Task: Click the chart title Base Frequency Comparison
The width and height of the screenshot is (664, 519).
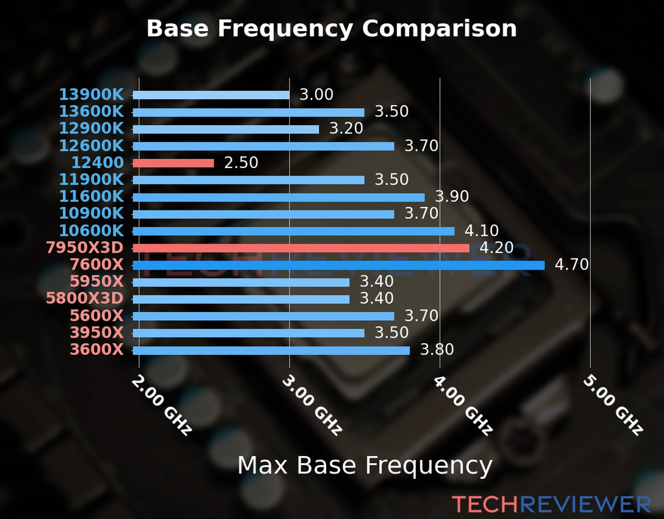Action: tap(332, 29)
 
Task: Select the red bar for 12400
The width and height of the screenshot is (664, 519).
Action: tap(173, 163)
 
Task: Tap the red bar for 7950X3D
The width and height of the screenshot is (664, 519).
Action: tap(300, 248)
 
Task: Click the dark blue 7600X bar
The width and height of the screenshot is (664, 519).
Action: tap(338, 265)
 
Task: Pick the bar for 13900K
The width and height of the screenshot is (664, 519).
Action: tap(211, 95)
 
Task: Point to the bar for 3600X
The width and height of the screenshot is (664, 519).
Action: tap(271, 350)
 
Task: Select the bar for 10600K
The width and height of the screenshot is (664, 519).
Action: tap(293, 231)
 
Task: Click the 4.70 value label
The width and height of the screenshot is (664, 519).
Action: tap(571, 264)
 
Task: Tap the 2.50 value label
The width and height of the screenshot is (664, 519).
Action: tap(241, 163)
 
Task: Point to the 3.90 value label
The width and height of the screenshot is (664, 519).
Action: tap(452, 196)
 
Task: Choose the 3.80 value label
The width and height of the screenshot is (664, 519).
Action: tap(437, 349)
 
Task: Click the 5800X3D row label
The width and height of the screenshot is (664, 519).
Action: tap(85, 298)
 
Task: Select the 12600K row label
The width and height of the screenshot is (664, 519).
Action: tap(91, 146)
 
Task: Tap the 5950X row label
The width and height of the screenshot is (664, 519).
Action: tap(96, 282)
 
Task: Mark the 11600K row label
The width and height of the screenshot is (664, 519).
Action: tap(91, 196)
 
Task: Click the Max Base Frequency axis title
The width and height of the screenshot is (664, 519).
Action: tap(365, 466)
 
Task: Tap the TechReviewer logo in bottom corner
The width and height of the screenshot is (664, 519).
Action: tap(551, 504)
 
